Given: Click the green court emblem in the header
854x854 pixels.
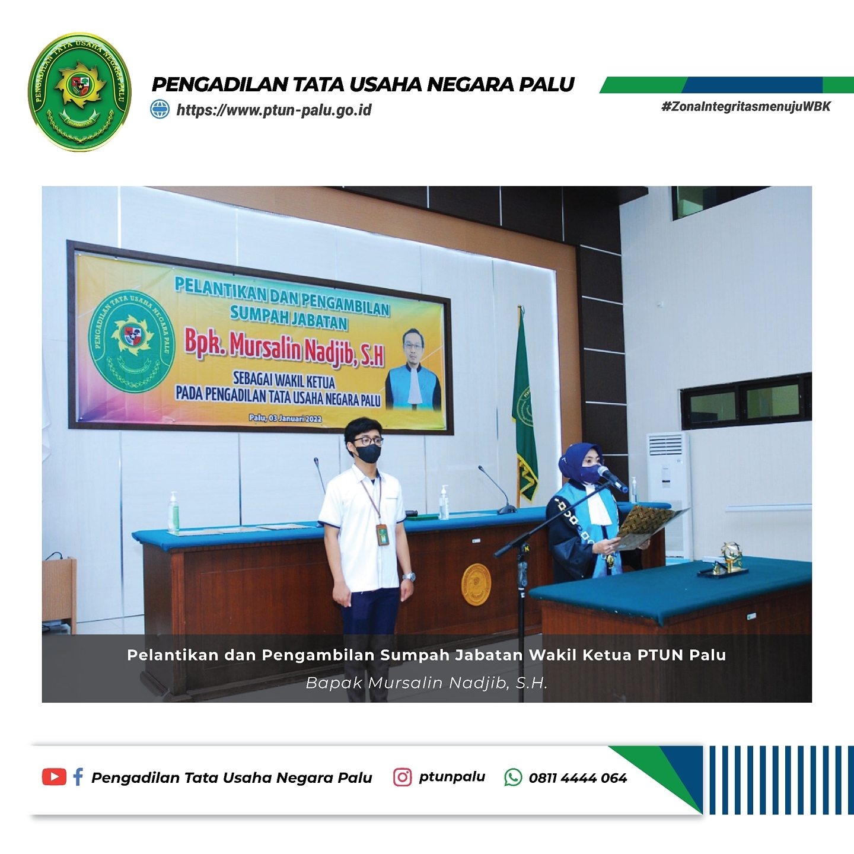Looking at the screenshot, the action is click(80, 92).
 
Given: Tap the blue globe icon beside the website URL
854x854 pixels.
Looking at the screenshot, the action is click(160, 110).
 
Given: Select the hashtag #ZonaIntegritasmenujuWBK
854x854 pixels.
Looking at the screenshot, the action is click(746, 107).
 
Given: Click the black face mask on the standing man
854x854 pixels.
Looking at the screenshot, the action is click(368, 453).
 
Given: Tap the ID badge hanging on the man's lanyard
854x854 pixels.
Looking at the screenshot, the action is click(382, 534).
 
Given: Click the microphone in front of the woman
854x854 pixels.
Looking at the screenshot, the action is click(613, 479).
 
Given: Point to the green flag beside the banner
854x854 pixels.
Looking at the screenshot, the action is click(525, 406).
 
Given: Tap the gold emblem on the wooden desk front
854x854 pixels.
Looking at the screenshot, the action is click(476, 585).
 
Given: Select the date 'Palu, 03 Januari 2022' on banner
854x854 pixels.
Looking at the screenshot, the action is click(285, 418).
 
